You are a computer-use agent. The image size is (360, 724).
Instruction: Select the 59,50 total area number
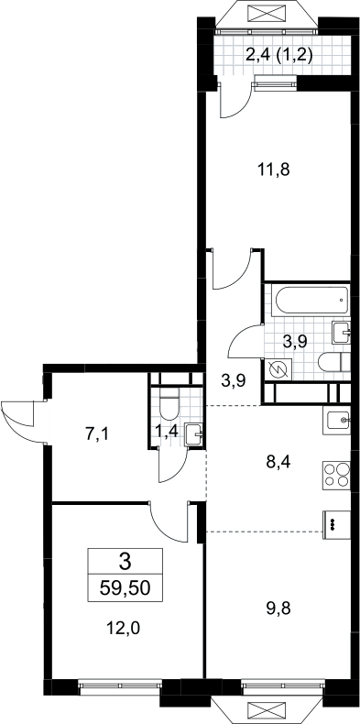tap(125, 588)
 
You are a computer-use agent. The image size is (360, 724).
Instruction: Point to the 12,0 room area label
tap(124, 628)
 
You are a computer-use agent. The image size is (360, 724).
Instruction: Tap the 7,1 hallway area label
tap(97, 434)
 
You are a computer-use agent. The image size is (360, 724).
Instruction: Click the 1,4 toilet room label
tap(167, 433)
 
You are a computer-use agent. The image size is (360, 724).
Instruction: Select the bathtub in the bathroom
tap(311, 301)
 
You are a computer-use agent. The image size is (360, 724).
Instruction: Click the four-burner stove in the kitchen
tap(336, 475)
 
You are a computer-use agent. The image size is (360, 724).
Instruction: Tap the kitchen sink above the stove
tap(339, 421)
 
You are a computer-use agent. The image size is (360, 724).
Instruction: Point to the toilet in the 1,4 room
tap(169, 403)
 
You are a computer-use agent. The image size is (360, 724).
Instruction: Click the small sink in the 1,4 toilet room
tap(193, 435)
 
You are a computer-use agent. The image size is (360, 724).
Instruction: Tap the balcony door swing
tap(235, 99)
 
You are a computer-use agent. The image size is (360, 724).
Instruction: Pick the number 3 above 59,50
tap(125, 562)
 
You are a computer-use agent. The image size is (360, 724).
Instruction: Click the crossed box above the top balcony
tap(267, 13)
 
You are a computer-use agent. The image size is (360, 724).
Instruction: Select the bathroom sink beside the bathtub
tap(342, 333)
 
